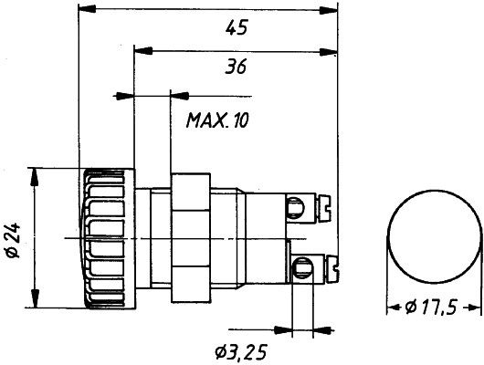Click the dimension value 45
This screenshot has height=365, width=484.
[237, 27]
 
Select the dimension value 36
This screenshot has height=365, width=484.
[236, 67]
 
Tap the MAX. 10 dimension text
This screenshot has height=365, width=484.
[217, 120]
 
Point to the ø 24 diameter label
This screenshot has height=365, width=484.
[13, 240]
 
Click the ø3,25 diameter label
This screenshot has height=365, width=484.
[241, 352]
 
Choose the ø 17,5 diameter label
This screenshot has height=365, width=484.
[431, 308]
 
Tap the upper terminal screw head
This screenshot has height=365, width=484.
[324, 208]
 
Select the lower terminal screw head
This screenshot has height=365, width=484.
[332, 268]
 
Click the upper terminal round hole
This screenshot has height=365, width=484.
[296, 206]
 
